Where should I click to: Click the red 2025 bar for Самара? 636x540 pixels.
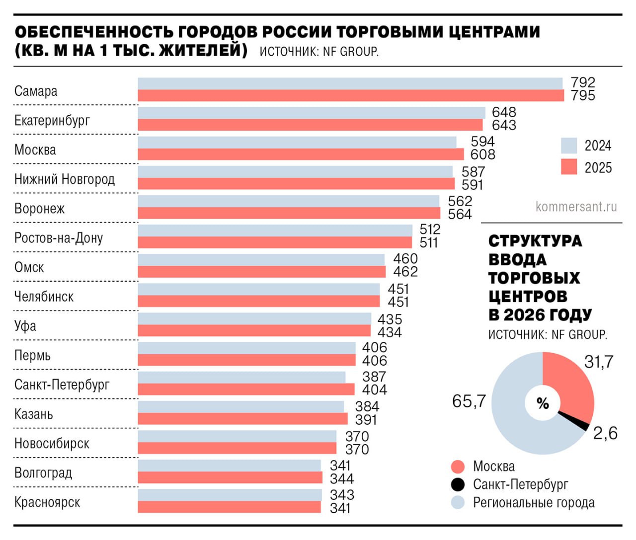tap(351, 95)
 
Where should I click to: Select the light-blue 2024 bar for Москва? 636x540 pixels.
tap(297, 143)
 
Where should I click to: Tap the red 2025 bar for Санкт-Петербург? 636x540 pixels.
tap(246, 389)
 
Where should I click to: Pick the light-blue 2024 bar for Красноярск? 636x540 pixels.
tap(230, 495)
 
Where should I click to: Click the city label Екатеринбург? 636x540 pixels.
tap(52, 121)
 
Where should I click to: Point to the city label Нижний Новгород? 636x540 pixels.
tap(65, 179)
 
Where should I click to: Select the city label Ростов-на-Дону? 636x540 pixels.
tap(59, 238)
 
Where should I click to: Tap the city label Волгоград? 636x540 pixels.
tap(43, 473)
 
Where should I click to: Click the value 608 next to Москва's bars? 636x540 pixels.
tap(482, 154)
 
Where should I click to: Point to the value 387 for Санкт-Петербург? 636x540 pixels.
tap(374, 377)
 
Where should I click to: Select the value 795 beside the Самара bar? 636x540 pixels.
tap(583, 95)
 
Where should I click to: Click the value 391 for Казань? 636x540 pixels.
tap(366, 420)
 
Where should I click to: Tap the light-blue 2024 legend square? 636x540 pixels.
tap(569, 146)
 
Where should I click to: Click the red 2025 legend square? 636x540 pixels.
tap(569, 167)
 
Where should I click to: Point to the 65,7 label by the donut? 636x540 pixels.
tap(469, 401)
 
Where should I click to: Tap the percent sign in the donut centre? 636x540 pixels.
tap(543, 403)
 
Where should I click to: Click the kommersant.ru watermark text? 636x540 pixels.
tap(576, 207)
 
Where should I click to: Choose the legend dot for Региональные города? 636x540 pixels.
tap(458, 503)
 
